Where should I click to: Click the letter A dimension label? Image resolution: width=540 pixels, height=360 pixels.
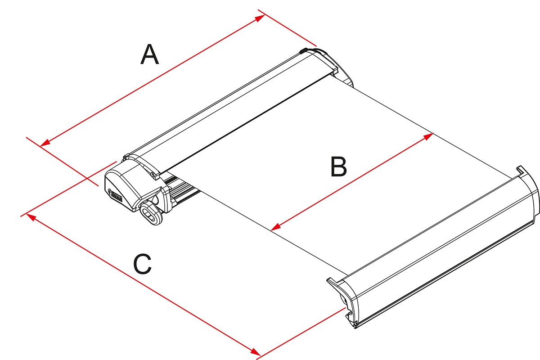coord(150,54)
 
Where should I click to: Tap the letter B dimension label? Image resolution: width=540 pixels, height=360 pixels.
coord(338,166)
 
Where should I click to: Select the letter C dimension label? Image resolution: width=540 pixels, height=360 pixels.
coord(143,264)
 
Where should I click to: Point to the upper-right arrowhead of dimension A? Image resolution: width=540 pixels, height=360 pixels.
coord(260,18)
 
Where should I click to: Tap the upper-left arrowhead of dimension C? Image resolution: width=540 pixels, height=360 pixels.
coord(31,216)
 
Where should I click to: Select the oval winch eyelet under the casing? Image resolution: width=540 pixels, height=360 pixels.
coord(152,213)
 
